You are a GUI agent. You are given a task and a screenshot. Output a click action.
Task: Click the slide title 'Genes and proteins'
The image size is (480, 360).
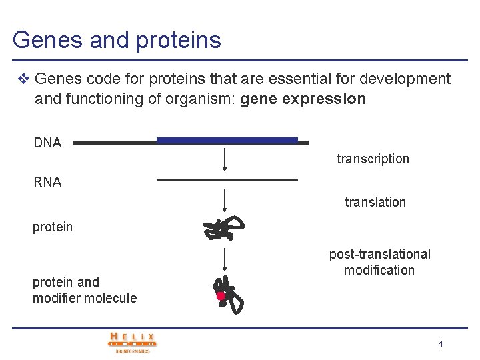point(117,40)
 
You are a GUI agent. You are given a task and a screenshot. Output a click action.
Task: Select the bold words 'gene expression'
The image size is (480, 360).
point(303,99)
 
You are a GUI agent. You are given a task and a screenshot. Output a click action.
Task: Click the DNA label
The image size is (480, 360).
point(47,143)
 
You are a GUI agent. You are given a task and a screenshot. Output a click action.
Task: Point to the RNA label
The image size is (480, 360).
point(47,182)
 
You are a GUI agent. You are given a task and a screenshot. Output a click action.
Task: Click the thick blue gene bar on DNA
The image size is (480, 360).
point(227,140)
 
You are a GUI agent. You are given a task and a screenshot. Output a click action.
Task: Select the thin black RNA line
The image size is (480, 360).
point(227,180)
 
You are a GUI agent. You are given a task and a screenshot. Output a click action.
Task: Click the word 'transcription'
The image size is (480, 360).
point(373,159)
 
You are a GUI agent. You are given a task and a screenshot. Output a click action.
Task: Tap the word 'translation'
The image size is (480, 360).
point(375,202)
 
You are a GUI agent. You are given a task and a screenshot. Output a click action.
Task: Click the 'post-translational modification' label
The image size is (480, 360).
point(379,262)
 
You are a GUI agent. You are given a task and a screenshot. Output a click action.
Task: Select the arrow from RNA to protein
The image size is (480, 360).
point(225,201)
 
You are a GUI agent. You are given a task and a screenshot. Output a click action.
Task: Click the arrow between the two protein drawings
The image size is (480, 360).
point(225,259)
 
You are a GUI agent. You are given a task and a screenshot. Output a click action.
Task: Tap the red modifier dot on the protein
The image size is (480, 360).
point(220,296)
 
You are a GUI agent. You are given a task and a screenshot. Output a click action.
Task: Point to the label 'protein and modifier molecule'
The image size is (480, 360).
point(85,290)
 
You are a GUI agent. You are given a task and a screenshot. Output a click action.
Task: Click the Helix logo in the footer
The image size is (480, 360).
point(133,342)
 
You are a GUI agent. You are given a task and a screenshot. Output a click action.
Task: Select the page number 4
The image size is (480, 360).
point(441,344)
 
